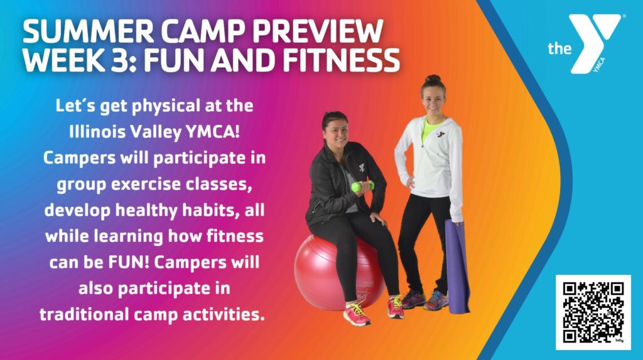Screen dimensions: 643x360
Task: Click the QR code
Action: [593, 312]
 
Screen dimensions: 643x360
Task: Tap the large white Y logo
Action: [595, 44]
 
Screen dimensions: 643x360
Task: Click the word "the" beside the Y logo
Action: [559, 49]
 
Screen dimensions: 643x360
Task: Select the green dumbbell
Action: [362, 186]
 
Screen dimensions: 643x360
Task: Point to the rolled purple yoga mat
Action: [458, 266]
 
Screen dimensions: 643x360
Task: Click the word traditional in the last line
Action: [84, 314]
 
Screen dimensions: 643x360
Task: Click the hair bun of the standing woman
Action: [432, 79]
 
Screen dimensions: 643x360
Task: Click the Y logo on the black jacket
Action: [362, 168]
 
